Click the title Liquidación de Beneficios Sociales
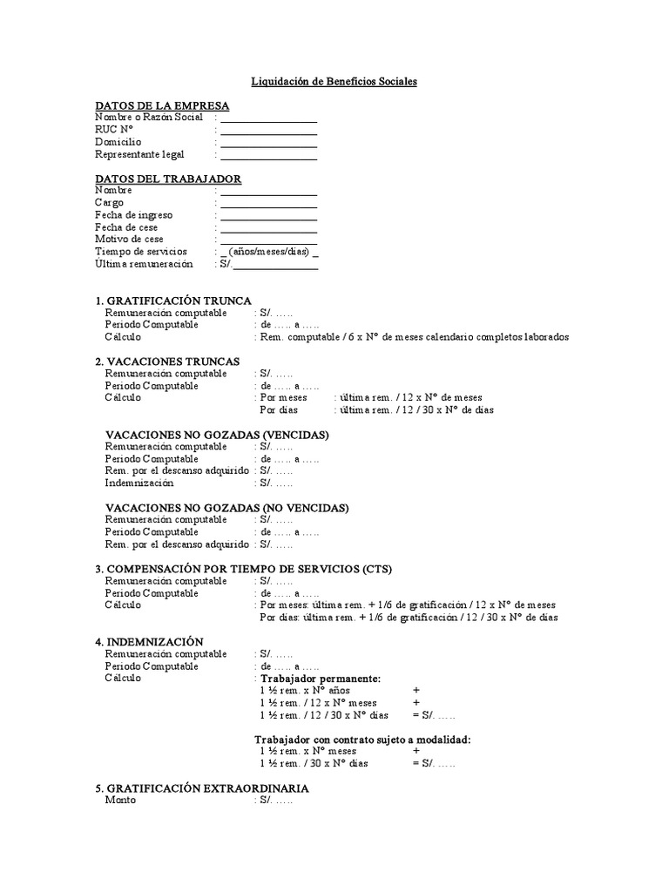[x=334, y=81]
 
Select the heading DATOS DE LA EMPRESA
[x=162, y=105]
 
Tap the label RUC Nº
[x=119, y=129]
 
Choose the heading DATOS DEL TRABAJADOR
[x=168, y=179]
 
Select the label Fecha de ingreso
[x=133, y=214]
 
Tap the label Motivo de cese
[x=129, y=239]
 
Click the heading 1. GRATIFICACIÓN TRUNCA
[x=173, y=301]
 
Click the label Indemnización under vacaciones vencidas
[x=139, y=483]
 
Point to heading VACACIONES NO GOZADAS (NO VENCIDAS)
[x=226, y=508]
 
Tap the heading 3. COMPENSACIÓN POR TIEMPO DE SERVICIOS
[x=244, y=569]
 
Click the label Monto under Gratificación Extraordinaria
[x=120, y=800]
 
